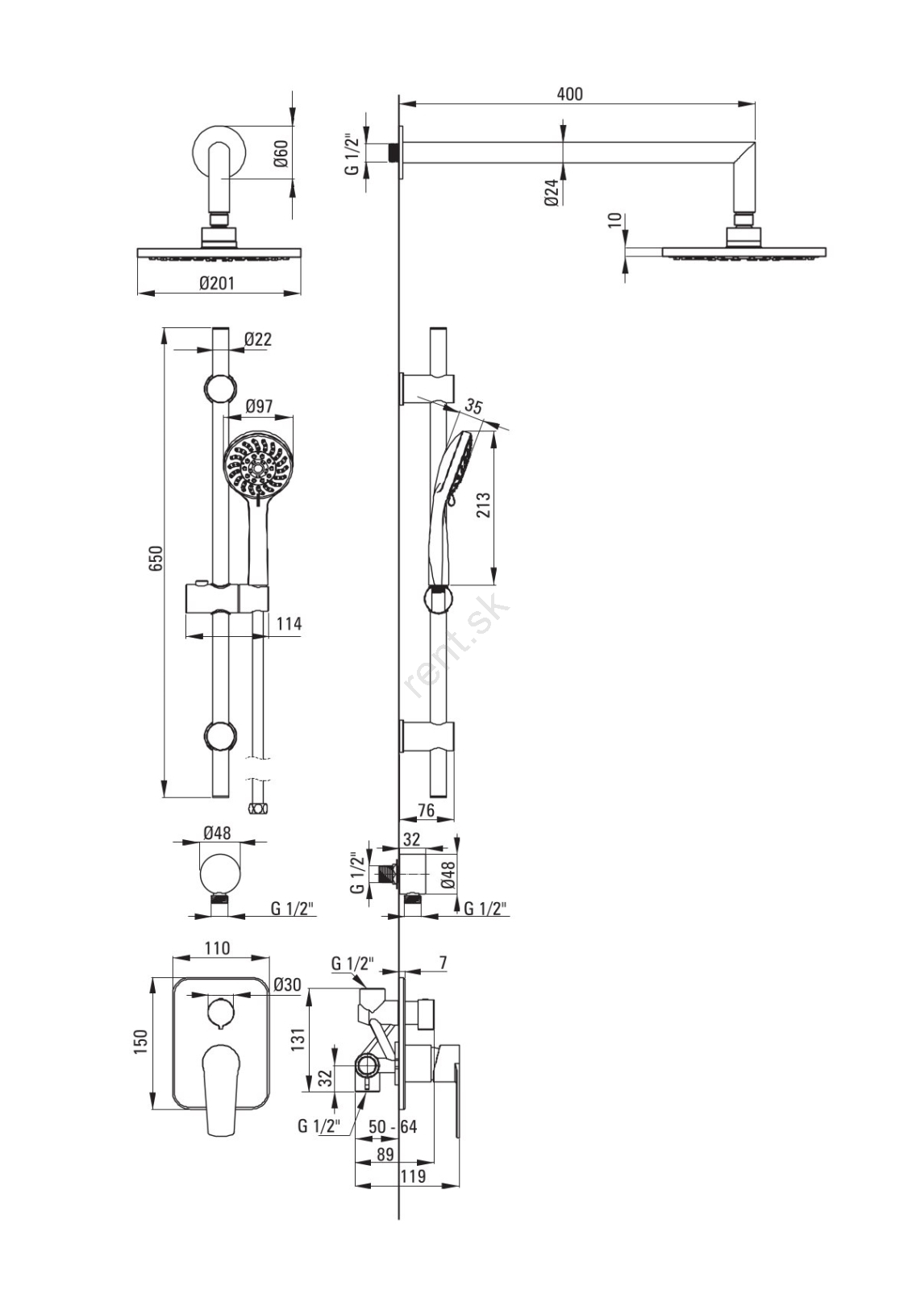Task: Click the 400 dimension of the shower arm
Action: click(x=569, y=94)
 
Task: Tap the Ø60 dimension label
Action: click(x=281, y=153)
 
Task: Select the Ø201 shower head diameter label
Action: click(x=217, y=283)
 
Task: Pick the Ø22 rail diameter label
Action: click(x=257, y=339)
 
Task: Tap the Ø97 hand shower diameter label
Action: click(x=259, y=406)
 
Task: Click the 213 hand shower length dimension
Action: click(x=483, y=505)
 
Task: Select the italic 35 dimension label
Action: click(x=473, y=406)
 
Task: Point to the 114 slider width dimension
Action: click(x=289, y=624)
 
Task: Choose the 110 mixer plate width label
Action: click(x=217, y=947)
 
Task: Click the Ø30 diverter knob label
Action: click(x=287, y=985)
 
